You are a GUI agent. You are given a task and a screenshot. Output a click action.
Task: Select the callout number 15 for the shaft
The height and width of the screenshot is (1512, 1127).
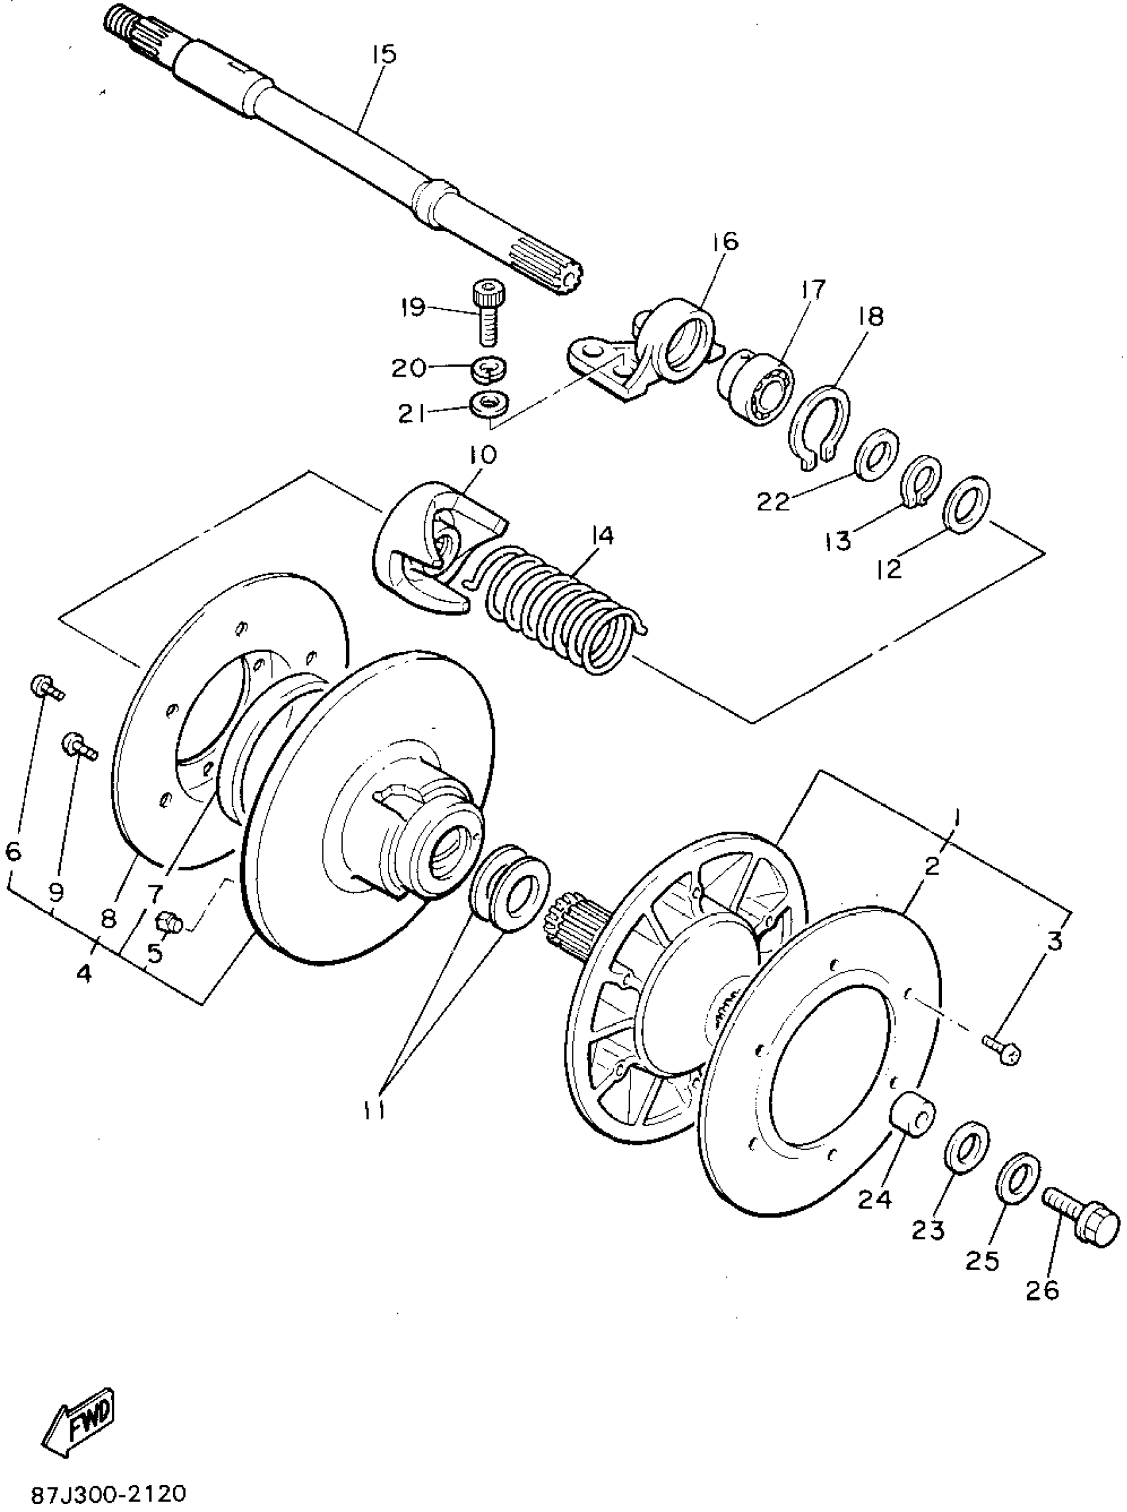point(384,54)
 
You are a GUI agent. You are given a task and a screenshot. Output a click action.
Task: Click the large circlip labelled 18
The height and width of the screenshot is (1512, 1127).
point(819,427)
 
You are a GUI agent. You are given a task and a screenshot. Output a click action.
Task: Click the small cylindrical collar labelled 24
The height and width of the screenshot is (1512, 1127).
point(912,1114)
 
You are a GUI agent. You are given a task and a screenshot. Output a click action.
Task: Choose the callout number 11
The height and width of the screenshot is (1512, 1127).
point(375,1111)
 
